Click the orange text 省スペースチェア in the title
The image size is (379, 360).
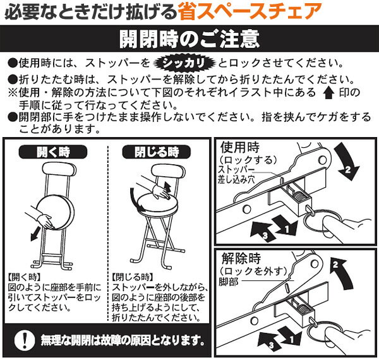[x=249, y=11]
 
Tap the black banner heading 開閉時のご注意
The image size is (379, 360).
[x=189, y=39]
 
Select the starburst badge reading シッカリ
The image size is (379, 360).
[x=184, y=63]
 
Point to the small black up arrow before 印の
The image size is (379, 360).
[x=328, y=93]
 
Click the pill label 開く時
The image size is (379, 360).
[x=53, y=152]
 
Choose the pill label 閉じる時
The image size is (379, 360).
[x=157, y=152]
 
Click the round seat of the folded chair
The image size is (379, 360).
[x=55, y=212]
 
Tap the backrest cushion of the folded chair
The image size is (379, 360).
[x=59, y=169]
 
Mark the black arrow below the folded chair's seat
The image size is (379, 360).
[x=36, y=234]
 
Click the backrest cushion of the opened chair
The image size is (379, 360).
[x=168, y=171]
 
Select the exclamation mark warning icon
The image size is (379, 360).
[x=25, y=340]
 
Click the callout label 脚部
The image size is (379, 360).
[x=229, y=282]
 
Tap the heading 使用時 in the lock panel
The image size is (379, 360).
[x=240, y=147]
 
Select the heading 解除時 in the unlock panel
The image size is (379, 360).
[x=241, y=259]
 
